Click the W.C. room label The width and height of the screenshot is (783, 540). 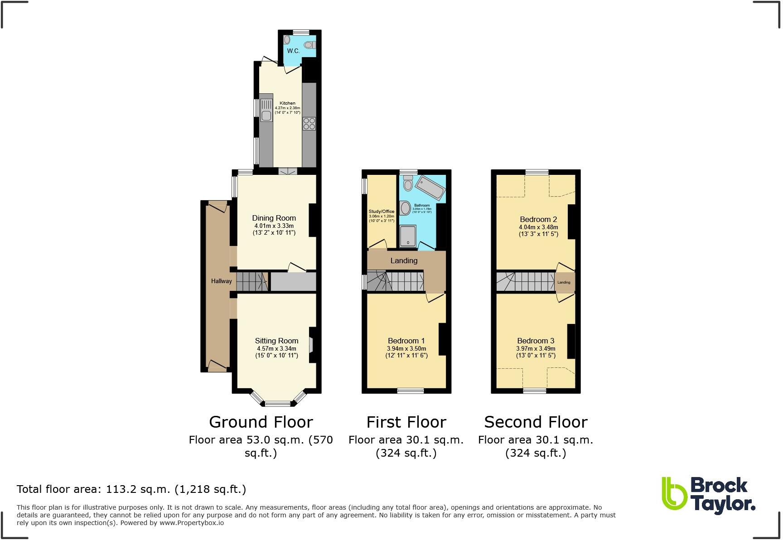(x=293, y=51)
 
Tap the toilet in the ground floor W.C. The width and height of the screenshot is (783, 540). (x=310, y=45)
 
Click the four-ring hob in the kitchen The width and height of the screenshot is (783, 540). (x=309, y=123)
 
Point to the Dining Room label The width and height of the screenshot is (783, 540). (x=274, y=218)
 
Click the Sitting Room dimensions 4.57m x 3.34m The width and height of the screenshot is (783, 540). (x=276, y=348)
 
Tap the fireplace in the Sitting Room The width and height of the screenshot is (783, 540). (x=311, y=346)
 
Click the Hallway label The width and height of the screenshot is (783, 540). (x=221, y=281)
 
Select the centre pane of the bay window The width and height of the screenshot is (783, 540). (x=277, y=404)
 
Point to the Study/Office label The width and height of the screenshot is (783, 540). (x=381, y=212)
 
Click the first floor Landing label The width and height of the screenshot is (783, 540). (x=404, y=260)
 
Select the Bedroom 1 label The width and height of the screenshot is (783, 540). (x=406, y=341)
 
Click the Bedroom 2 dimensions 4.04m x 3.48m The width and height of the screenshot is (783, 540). (x=538, y=227)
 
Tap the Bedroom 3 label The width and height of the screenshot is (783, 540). (x=536, y=341)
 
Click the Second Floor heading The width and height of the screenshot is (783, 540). (x=536, y=422)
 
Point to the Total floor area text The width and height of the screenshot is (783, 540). (x=131, y=489)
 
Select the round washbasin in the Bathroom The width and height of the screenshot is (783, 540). (x=406, y=208)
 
